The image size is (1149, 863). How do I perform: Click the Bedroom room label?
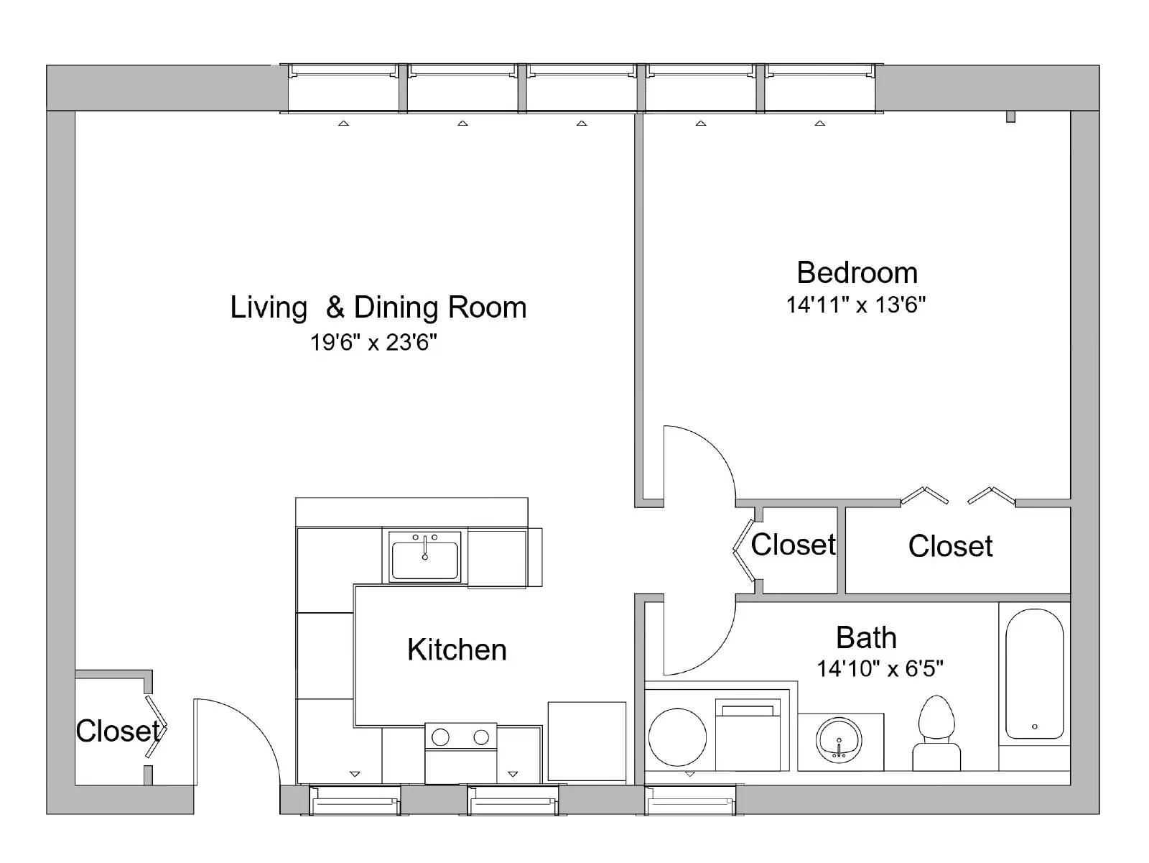coord(857,273)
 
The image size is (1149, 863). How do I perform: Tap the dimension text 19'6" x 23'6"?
coord(373,342)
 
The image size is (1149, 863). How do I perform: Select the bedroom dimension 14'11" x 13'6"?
coord(855,305)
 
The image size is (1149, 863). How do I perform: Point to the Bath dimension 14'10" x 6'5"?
coord(879,669)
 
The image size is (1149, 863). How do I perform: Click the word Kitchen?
coord(457,650)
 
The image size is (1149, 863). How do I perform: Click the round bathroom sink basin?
coord(839,740)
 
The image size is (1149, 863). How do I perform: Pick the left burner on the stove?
coord(440,737)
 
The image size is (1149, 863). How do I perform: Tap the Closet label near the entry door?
coord(117,731)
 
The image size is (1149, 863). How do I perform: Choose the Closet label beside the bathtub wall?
coord(949,546)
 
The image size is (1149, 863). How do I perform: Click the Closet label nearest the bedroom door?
coord(793,545)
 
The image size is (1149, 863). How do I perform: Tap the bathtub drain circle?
coord(1034,726)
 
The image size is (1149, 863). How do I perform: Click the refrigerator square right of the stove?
coord(587,741)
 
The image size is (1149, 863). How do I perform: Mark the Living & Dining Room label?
coord(378,308)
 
